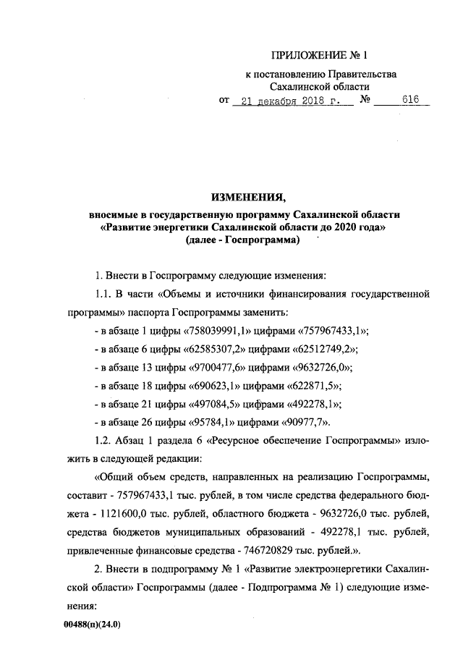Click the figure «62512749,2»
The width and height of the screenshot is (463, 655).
click(x=316, y=350)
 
